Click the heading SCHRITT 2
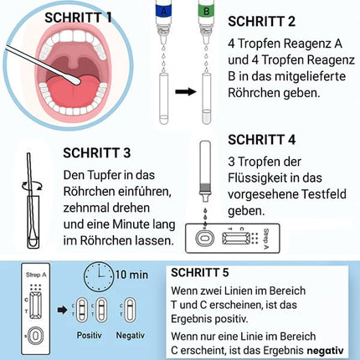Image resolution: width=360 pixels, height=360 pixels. (x=265, y=19)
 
